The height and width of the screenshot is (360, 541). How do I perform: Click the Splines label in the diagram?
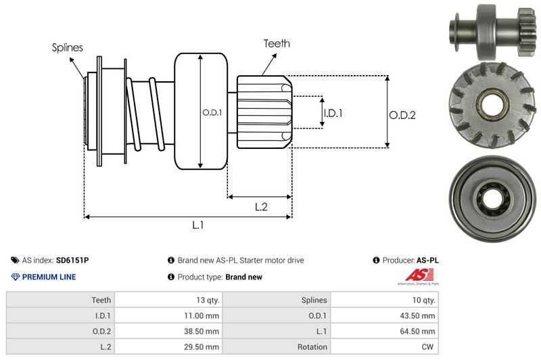68,47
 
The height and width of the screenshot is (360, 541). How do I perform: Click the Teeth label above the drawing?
277,43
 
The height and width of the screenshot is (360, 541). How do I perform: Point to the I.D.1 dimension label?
333,113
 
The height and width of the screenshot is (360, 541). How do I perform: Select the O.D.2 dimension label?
402,115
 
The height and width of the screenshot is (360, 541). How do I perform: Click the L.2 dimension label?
261,207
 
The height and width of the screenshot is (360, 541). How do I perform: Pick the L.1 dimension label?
198,225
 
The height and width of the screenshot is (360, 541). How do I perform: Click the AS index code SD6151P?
72,260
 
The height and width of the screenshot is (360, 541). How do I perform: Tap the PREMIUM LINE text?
49,277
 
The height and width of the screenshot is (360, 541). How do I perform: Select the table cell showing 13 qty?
204,300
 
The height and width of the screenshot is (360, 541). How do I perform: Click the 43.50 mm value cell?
419,315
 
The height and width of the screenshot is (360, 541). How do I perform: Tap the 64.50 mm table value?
419,332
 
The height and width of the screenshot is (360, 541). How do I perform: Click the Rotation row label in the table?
312,347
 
